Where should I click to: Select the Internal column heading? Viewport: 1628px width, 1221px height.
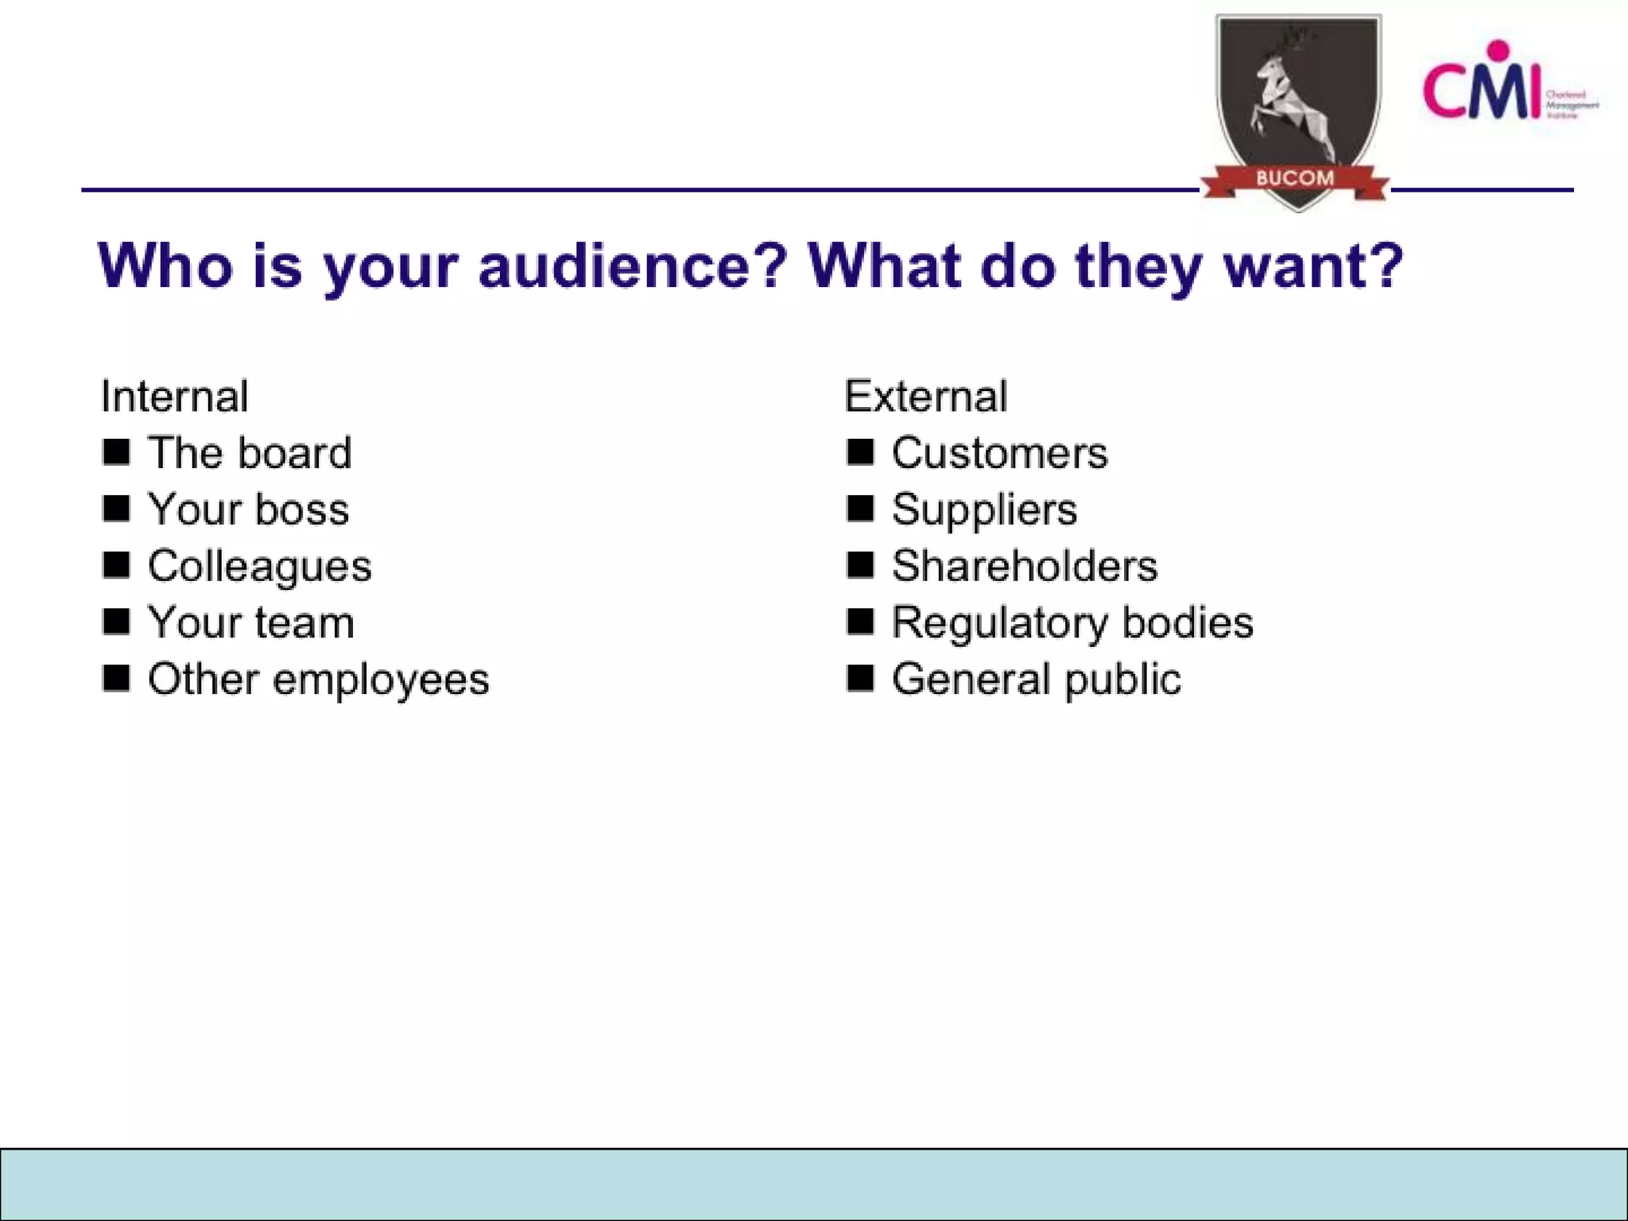[x=175, y=396]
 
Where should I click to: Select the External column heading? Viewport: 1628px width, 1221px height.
[x=926, y=396]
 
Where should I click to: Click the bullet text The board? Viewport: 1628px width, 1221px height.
[x=250, y=453]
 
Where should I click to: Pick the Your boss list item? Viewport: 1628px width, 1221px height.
[x=249, y=510]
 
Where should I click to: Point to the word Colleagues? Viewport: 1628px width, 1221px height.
[x=260, y=567]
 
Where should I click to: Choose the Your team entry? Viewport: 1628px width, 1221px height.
[x=251, y=622]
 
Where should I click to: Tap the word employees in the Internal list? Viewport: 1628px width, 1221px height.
[x=381, y=680]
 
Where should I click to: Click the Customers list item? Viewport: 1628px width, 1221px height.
[x=999, y=453]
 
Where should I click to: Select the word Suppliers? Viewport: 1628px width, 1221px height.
[x=984, y=510]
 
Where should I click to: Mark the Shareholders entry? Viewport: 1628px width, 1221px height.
[x=1025, y=566]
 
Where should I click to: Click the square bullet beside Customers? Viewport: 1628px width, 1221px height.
[x=860, y=452]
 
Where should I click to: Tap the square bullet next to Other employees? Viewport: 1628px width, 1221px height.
[x=116, y=679]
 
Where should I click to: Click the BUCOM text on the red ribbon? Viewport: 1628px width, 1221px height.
[x=1295, y=178]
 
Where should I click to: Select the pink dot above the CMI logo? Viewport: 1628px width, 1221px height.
[x=1498, y=50]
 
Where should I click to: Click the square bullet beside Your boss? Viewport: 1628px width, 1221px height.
[x=116, y=509]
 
